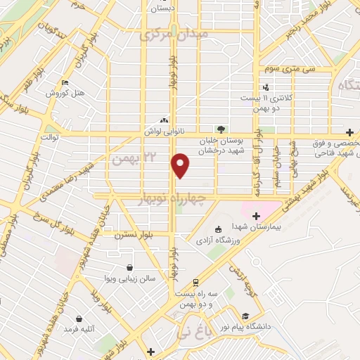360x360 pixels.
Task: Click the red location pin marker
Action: [181, 165]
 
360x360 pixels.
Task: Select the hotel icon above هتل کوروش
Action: [65, 82]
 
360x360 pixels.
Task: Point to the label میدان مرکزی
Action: [174, 34]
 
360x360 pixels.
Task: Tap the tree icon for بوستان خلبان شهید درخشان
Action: [221, 129]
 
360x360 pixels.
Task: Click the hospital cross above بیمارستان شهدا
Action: [255, 216]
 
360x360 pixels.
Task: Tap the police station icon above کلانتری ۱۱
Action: [266, 87]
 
